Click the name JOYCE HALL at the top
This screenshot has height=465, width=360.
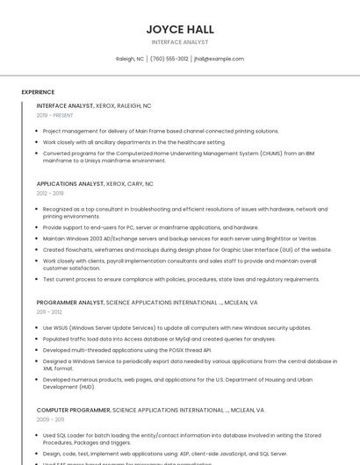(180, 30)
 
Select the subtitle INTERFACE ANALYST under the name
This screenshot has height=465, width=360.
(180, 42)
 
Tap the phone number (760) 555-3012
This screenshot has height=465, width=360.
(169, 59)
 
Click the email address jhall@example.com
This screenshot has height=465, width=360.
(219, 59)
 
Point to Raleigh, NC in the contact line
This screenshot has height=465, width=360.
(130, 59)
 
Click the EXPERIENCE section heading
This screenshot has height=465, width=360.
(38, 92)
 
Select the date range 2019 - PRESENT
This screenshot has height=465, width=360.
(54, 115)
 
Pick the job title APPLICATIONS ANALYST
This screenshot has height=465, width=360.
(69, 184)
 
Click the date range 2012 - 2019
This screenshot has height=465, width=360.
(50, 194)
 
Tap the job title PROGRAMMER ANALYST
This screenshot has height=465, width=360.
(69, 303)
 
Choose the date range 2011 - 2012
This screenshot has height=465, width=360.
(49, 312)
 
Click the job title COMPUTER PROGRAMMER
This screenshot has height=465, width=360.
(74, 410)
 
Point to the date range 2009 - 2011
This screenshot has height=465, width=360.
(49, 419)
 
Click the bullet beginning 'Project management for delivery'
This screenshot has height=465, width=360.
(161, 131)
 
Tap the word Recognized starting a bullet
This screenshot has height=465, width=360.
(60, 210)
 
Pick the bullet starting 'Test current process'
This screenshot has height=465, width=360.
(181, 280)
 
